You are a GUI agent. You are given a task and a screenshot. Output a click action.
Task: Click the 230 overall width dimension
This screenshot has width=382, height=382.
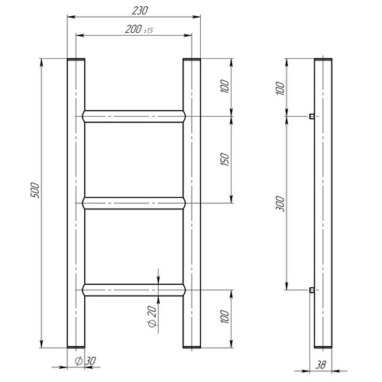(x=140, y=11)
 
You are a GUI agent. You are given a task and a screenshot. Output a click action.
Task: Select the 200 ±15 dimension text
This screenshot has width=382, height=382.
(x=139, y=29)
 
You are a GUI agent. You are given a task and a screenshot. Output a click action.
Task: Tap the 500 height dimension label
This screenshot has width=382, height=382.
(x=35, y=190)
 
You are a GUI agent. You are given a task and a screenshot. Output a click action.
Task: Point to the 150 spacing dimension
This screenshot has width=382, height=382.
(x=225, y=160)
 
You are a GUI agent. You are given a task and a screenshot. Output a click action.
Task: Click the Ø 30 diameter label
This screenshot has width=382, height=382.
(x=85, y=361)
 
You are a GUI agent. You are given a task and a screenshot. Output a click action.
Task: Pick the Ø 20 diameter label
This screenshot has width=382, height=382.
(x=152, y=316)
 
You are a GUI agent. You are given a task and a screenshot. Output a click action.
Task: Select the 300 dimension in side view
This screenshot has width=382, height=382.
(x=280, y=204)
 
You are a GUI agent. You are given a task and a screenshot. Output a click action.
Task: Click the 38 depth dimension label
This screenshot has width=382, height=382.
(x=321, y=365)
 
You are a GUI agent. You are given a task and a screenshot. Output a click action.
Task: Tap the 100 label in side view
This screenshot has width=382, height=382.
(x=280, y=89)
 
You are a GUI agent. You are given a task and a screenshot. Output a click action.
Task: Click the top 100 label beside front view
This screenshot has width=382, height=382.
(x=225, y=86)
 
